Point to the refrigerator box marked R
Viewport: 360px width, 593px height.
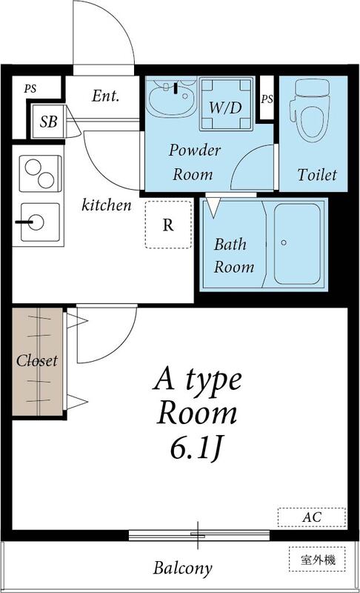coord(168,224)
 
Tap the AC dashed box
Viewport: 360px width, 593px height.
coord(311,516)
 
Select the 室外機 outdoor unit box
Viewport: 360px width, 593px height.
coord(317,560)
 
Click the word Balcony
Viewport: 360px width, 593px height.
coord(183,569)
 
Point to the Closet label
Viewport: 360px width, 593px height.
coord(37,361)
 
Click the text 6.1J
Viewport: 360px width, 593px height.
coord(197,448)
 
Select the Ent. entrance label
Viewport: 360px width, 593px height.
coord(106,96)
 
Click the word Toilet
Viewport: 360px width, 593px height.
coord(317,176)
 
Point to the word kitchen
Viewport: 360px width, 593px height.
coord(107,205)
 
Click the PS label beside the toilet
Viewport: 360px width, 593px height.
coord(267,98)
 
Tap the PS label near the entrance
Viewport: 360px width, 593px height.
coord(30,89)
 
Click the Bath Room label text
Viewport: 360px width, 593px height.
coord(234,256)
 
